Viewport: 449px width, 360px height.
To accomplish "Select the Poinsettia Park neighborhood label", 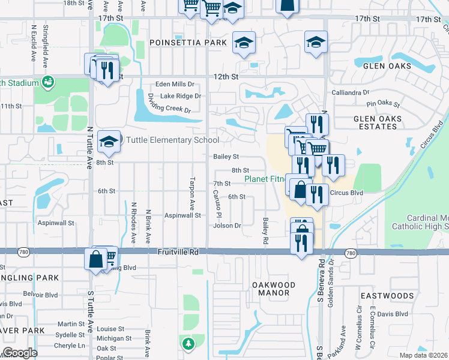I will (x=188, y=43).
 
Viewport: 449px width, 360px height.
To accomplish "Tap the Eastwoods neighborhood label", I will (x=387, y=296).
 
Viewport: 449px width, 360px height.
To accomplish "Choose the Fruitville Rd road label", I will (x=178, y=253).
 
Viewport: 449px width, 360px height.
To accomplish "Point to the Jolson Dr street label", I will (x=227, y=226).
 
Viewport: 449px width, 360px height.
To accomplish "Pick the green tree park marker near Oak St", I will (x=188, y=344).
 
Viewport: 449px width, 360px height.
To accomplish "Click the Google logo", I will (x=20, y=353).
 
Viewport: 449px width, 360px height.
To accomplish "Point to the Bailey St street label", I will (x=226, y=157).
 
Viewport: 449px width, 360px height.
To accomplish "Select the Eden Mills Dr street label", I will (x=175, y=85).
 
